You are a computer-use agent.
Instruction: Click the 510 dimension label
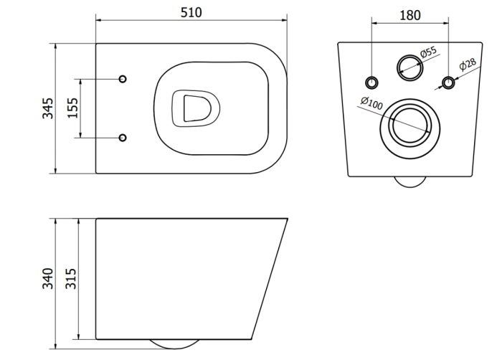pyautogui.click(x=191, y=12)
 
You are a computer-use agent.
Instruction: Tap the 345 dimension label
pyautogui.click(x=48, y=108)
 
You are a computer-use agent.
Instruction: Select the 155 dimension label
pyautogui.click(x=73, y=108)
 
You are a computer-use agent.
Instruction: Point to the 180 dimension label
pyautogui.click(x=410, y=15)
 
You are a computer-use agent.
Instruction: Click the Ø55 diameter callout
pyautogui.click(x=428, y=52)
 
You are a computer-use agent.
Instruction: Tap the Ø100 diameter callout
pyautogui.click(x=371, y=103)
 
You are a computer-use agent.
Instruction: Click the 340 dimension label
pyautogui.click(x=48, y=278)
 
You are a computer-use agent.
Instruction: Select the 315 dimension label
pyautogui.click(x=71, y=278)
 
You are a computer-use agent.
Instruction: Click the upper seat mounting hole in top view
pyautogui.click(x=123, y=79)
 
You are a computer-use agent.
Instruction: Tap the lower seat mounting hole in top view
pyautogui.click(x=123, y=138)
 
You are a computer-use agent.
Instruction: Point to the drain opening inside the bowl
pyautogui.click(x=196, y=108)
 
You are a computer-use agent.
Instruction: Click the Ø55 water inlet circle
pyautogui.click(x=410, y=68)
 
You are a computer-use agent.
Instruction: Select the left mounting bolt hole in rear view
pyautogui.click(x=371, y=83)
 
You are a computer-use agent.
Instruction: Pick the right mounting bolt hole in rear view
pyautogui.click(x=448, y=83)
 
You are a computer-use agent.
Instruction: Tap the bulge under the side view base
pyautogui.click(x=174, y=344)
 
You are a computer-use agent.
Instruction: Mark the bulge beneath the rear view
pyautogui.click(x=410, y=181)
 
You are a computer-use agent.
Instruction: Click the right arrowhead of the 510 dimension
pyautogui.click(x=284, y=20)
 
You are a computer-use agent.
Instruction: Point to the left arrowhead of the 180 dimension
pyautogui.click(x=375, y=23)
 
